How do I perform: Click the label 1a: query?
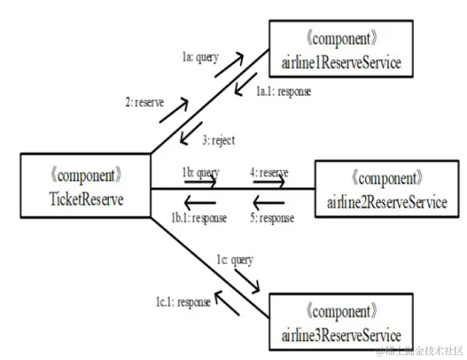pyautogui.click(x=200, y=57)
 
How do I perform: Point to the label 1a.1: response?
pyautogui.click(x=283, y=92)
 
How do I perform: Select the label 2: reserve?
pyautogui.click(x=144, y=102)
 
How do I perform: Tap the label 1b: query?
pyautogui.click(x=200, y=172)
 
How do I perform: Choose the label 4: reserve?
pyautogui.click(x=269, y=172)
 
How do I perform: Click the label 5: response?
pyautogui.click(x=271, y=218)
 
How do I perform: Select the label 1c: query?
pyautogui.click(x=234, y=259)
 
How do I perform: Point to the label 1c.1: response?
pyautogui.click(x=182, y=302)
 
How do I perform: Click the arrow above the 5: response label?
pyautogui.click(x=269, y=202)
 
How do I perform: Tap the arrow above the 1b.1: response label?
pyautogui.click(x=200, y=202)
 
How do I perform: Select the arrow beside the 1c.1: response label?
pyautogui.click(x=228, y=303)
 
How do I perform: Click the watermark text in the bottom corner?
pyautogui.click(x=418, y=350)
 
